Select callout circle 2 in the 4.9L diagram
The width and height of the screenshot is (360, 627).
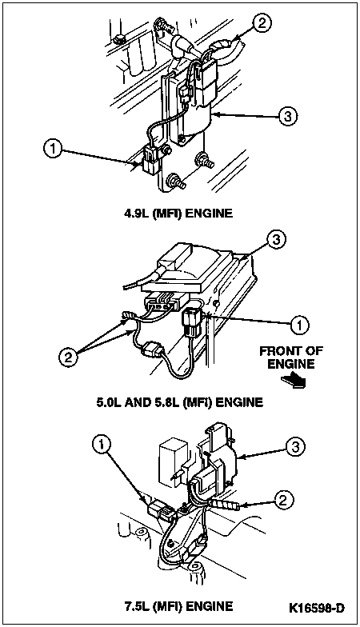[x=261, y=22]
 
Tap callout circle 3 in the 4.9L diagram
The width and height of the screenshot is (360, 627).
[x=288, y=117]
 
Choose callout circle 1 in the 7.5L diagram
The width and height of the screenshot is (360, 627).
[x=102, y=443]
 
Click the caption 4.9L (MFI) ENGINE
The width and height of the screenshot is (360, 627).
[x=178, y=213]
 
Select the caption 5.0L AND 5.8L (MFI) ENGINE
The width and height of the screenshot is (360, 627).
[x=179, y=401]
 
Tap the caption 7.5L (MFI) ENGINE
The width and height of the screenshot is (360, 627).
[x=178, y=606]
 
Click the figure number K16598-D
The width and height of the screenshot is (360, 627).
[x=317, y=608]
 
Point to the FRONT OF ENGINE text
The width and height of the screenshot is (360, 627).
[x=291, y=357]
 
